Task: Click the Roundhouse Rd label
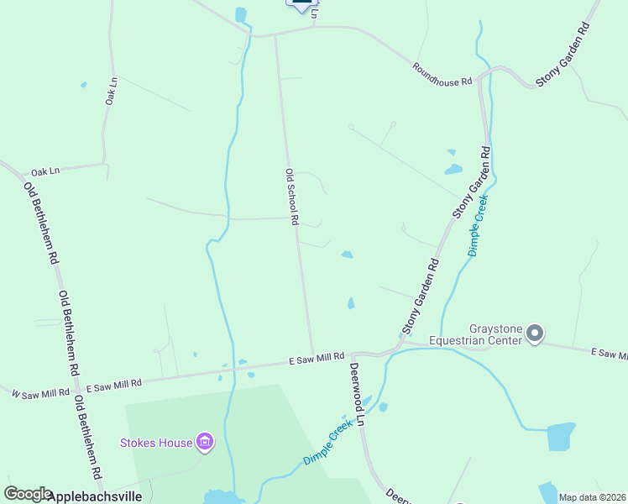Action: [x=442, y=74]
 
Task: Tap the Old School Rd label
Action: [x=292, y=197]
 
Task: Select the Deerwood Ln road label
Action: [x=357, y=394]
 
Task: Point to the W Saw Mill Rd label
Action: [x=40, y=391]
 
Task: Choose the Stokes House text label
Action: [x=157, y=442]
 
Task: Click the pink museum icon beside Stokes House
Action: [x=204, y=441]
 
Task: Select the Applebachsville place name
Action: [x=95, y=496]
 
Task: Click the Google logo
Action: [x=28, y=495]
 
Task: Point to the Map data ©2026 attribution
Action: [x=592, y=497]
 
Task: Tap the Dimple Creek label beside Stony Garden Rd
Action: [x=478, y=225]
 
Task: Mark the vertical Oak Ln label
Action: [x=111, y=91]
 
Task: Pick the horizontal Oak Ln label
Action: [x=46, y=171]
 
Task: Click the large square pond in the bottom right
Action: [x=561, y=437]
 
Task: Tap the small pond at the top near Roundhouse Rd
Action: [x=242, y=15]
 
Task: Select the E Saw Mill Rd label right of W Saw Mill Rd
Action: [x=114, y=384]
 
